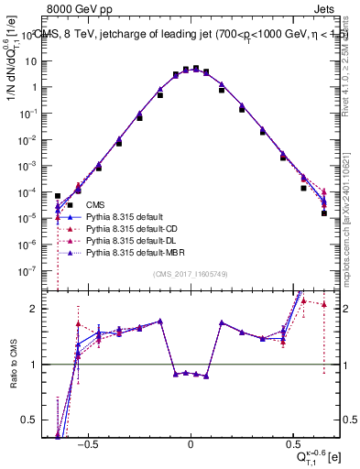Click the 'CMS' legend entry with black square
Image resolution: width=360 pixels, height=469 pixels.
(x=94, y=205)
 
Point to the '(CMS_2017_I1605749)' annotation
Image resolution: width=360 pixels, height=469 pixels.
(x=190, y=274)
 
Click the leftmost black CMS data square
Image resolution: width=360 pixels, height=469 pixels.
(x=58, y=196)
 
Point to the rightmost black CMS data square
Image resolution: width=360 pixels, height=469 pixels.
(x=324, y=213)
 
